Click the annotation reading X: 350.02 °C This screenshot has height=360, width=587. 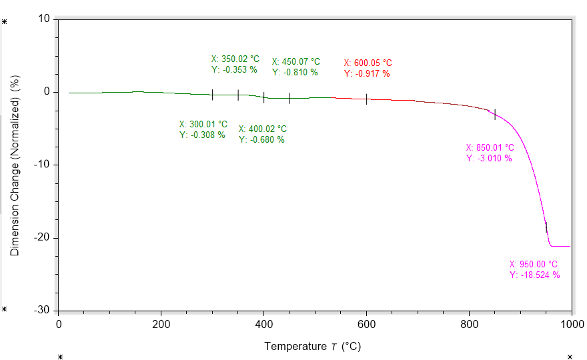pyautogui.click(x=235, y=59)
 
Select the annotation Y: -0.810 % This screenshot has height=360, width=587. pyautogui.click(x=295, y=72)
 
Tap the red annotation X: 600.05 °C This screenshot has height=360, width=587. pyautogui.click(x=368, y=63)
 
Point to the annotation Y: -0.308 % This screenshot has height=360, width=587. pyautogui.click(x=202, y=135)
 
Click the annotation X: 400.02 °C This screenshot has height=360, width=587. pyautogui.click(x=263, y=129)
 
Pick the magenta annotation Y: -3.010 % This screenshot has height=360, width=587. pyautogui.click(x=489, y=158)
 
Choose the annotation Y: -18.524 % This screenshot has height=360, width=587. pyautogui.click(x=535, y=275)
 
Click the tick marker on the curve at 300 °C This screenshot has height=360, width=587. pyautogui.click(x=212, y=95)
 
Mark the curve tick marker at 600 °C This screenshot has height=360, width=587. pyautogui.click(x=366, y=99)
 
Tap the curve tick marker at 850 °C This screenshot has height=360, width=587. pyautogui.click(x=494, y=114)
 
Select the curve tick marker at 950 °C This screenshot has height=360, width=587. pyautogui.click(x=546, y=227)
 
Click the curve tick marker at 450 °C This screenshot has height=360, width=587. pyautogui.click(x=289, y=98)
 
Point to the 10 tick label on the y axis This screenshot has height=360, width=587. pyautogui.click(x=45, y=19)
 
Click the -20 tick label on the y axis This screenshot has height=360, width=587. pyautogui.click(x=42, y=238)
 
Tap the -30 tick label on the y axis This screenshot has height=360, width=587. pyautogui.click(x=42, y=311)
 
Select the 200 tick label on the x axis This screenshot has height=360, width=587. pyautogui.click(x=161, y=325)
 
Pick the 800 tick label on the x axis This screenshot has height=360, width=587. pyautogui.click(x=469, y=325)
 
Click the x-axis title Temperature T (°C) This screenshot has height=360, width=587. pyautogui.click(x=313, y=346)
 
